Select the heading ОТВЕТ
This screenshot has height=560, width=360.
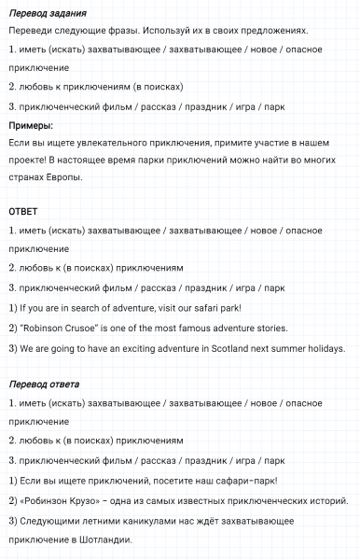[23, 212]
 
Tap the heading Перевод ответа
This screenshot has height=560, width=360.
[44, 384]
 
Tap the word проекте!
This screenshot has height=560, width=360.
[29, 159]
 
